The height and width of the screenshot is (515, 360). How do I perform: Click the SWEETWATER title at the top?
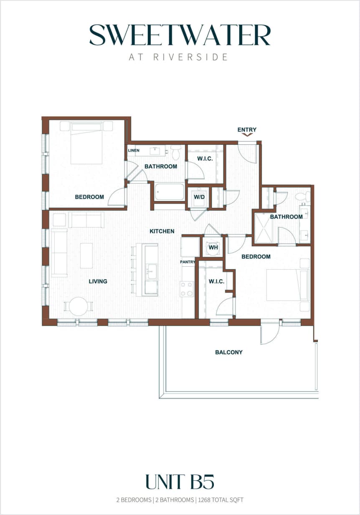180,35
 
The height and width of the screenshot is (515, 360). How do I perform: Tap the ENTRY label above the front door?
247,130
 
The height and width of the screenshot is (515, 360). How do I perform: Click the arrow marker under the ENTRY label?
247,135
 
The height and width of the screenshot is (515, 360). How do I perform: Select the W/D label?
199,197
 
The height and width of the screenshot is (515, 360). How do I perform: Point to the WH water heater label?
213,247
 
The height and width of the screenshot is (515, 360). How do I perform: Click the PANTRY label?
188,262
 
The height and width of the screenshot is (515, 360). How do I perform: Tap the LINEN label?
134,150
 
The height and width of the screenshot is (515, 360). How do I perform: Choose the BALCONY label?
228,352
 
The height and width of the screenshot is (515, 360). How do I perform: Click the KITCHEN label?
162,231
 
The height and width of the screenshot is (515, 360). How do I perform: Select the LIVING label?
98,281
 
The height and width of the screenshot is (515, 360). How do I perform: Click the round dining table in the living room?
79,306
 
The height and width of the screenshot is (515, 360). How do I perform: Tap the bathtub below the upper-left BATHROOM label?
169,192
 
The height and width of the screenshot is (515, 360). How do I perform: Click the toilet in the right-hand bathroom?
303,197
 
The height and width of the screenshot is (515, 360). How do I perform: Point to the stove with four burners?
187,289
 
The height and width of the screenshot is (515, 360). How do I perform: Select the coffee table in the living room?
86,255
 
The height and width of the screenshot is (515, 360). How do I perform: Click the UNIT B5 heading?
180,482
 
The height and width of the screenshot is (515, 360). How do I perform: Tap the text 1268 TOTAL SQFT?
221,500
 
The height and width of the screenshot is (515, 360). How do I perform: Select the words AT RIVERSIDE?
178,57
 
